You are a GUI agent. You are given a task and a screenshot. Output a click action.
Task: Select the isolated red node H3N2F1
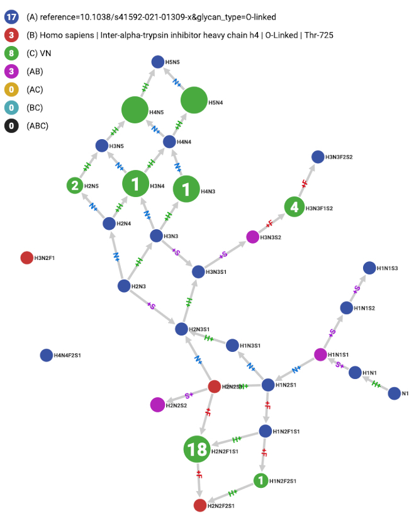point(27,257)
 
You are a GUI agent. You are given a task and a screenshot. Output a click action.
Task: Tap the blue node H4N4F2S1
point(46,355)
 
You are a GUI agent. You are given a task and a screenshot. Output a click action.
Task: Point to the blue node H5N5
point(159,62)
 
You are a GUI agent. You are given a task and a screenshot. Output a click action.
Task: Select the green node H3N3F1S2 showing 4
point(293,206)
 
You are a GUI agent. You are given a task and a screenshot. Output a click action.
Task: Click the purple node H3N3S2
point(252,237)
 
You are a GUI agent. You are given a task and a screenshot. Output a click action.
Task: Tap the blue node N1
point(394,393)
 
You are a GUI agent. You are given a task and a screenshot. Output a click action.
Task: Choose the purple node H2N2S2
point(157,405)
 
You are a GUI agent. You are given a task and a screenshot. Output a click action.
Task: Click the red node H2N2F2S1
point(200,505)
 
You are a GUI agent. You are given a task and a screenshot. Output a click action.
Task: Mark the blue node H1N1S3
point(369,268)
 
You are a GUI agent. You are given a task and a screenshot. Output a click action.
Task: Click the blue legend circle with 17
point(12,17)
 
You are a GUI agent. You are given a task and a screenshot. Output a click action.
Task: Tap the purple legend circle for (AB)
point(12,71)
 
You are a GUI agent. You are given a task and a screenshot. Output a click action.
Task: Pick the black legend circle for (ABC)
point(12,126)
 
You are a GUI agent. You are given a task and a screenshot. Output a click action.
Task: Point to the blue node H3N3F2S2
point(317,156)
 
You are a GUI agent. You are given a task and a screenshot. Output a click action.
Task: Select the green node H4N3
point(186,189)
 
